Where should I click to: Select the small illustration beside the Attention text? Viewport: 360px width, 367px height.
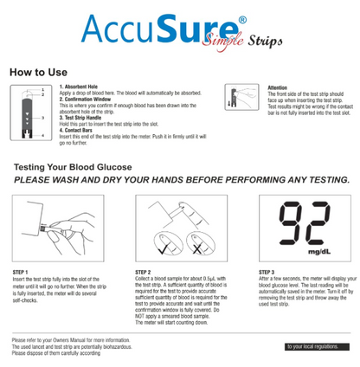coord(237,96)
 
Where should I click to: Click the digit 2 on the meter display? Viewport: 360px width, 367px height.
coord(323,226)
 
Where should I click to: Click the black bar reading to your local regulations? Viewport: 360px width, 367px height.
coord(312,345)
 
